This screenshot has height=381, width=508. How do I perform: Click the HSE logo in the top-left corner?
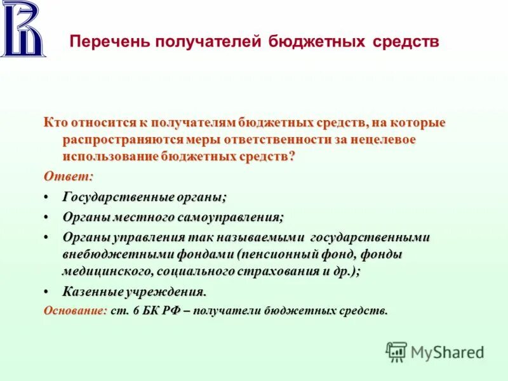pyautogui.click(x=23, y=29)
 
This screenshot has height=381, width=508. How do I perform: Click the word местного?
pyautogui.click(x=144, y=217)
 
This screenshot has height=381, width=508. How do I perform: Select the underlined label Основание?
pyautogui.click(x=75, y=311)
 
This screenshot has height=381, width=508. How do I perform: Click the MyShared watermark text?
pyautogui.click(x=447, y=352)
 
